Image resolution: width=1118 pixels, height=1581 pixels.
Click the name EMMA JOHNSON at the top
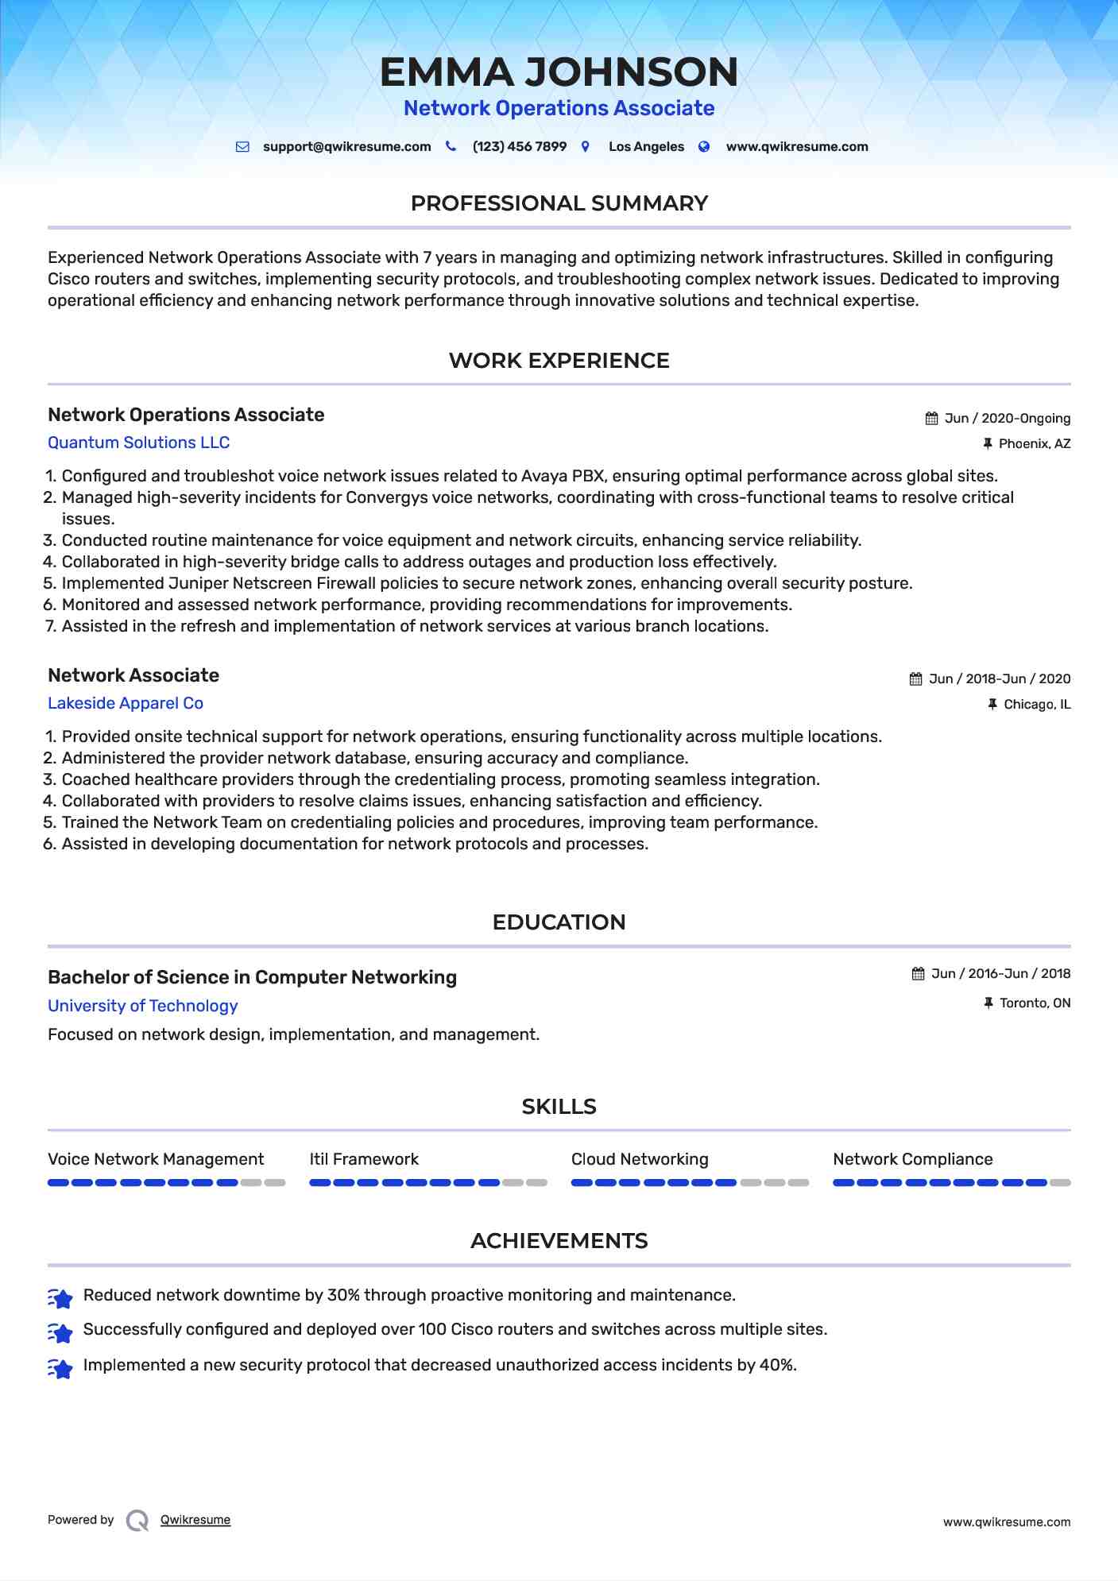(559, 72)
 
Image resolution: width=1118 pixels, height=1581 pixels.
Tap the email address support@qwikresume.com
(346, 146)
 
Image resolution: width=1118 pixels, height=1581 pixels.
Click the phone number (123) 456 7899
(519, 146)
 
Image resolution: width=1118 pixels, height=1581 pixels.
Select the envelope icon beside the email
(242, 146)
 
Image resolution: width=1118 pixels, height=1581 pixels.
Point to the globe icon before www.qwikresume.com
(704, 146)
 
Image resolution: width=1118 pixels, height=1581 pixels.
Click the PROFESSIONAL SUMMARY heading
(559, 203)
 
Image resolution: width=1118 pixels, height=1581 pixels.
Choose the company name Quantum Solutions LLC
(138, 443)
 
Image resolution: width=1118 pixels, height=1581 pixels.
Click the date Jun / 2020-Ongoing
(1007, 418)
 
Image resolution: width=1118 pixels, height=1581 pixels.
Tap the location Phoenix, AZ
(1034, 443)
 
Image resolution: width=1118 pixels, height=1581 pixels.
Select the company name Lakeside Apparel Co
(126, 703)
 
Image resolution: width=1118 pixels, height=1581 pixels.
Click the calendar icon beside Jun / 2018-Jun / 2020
(916, 678)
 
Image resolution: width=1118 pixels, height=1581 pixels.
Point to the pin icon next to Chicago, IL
(992, 704)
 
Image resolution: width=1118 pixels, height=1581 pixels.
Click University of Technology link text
(142, 1006)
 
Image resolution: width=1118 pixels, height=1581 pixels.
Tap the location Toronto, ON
(1035, 1003)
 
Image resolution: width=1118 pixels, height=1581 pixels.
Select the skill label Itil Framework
(364, 1159)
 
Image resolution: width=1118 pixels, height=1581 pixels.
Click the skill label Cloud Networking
(640, 1159)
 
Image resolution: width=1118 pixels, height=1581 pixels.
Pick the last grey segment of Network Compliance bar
(1060, 1183)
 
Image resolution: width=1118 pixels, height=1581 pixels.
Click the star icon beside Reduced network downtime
(60, 1297)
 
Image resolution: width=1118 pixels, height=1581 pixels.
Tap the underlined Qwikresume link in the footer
(195, 1520)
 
